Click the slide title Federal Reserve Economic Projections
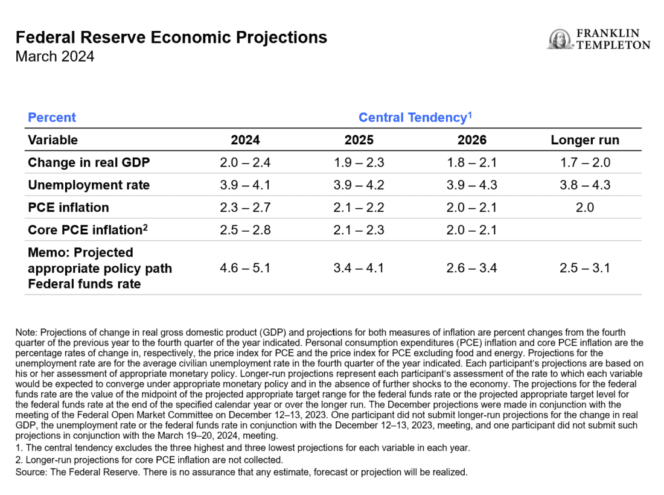171,37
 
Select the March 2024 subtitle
55,57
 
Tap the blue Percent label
52,117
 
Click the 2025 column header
359,140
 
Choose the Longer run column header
584,140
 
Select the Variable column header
53,140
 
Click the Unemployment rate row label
89,185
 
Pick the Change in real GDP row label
89,162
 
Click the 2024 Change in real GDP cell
245,162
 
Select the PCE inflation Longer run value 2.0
584,207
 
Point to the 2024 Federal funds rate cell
245,267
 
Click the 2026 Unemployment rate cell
471,185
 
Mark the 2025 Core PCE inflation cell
359,229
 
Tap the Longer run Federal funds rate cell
584,267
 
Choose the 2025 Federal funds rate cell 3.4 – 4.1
359,267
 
